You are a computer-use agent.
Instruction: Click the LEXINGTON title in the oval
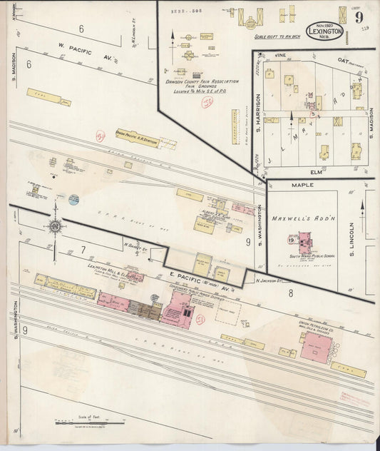tap(324, 32)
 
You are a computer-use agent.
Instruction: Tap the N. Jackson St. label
tap(267, 281)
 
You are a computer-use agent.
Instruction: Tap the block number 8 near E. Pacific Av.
tap(291, 293)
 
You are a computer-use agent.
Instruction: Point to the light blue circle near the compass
tap(73, 200)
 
